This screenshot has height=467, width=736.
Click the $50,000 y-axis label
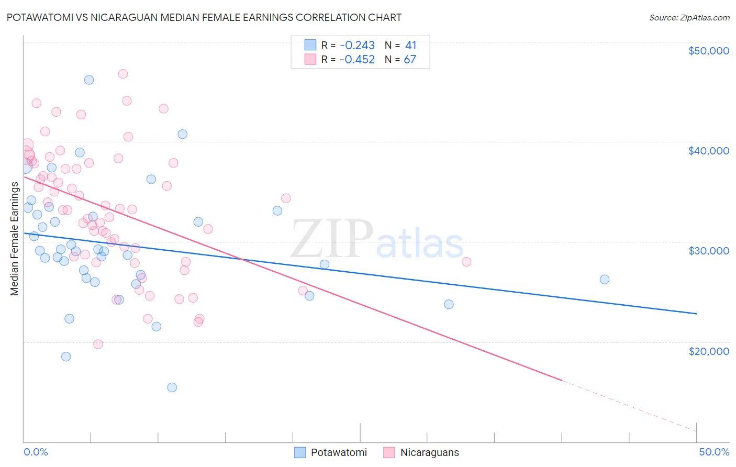(x=708, y=51)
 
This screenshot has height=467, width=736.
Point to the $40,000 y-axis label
(x=708, y=151)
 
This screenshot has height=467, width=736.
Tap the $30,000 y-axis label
(x=708, y=251)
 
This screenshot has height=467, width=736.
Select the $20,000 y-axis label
(x=708, y=351)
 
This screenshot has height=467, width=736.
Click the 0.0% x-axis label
(x=36, y=452)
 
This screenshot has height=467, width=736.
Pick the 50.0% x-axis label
(x=714, y=452)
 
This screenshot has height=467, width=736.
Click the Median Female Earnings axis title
(x=15, y=239)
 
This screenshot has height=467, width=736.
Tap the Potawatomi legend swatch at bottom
(x=300, y=452)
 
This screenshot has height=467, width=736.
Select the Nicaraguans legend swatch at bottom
(x=389, y=452)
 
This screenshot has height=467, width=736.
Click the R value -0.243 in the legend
(x=357, y=46)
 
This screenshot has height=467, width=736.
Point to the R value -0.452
(x=357, y=60)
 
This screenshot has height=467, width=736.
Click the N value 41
(x=410, y=46)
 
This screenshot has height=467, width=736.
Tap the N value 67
(x=410, y=60)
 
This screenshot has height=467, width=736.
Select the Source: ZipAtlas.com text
(x=689, y=18)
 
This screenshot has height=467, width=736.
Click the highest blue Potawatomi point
(x=89, y=80)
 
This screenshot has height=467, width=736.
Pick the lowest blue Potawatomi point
(x=172, y=387)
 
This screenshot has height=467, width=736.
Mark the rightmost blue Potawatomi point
(x=605, y=280)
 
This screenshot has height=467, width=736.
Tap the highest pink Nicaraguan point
(x=123, y=74)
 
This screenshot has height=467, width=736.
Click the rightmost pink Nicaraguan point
(x=466, y=262)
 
